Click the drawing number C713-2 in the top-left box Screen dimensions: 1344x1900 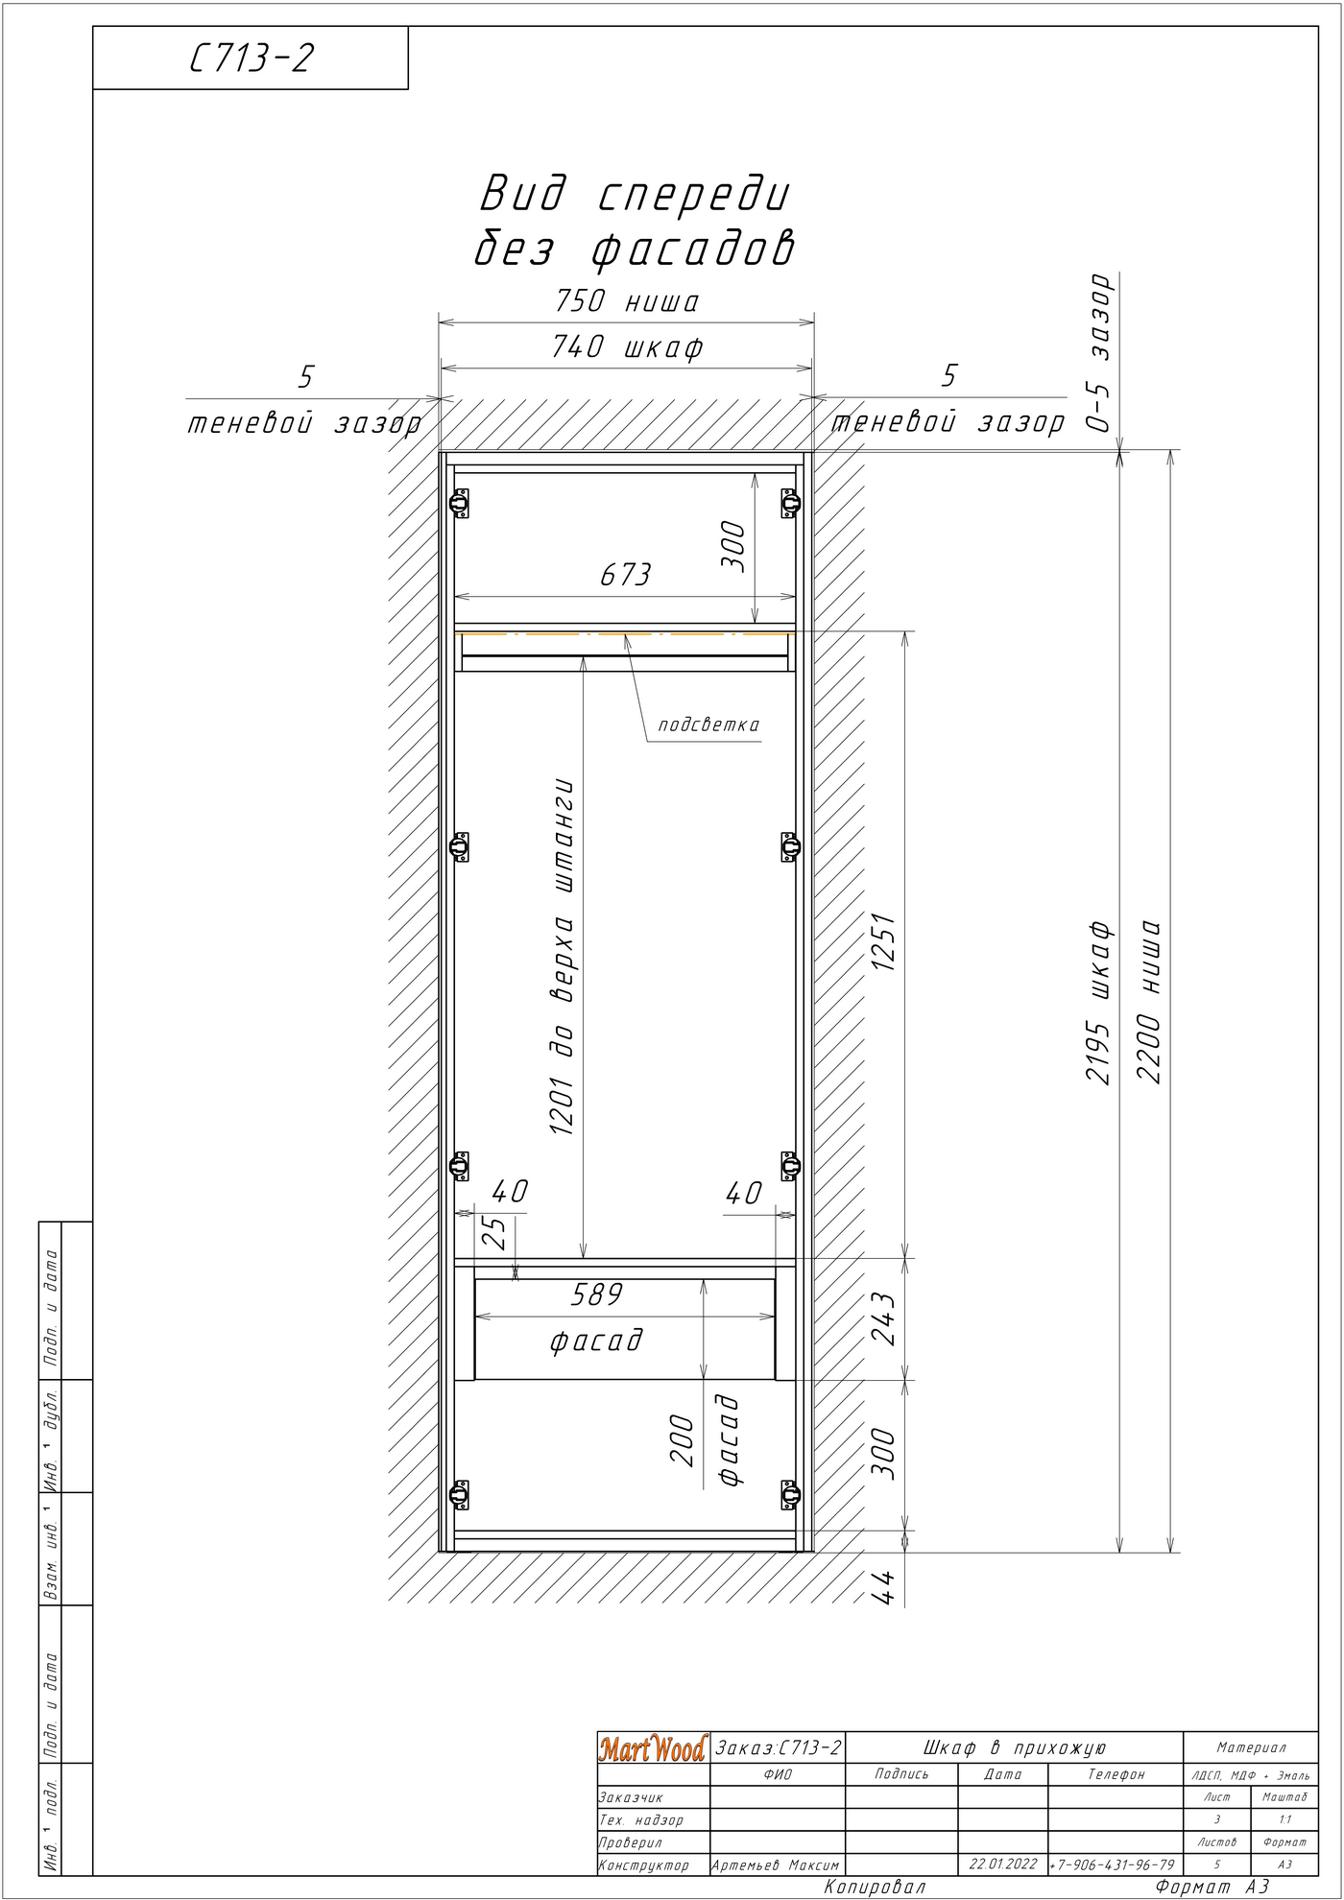tap(252, 59)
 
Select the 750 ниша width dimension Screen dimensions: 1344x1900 tap(627, 301)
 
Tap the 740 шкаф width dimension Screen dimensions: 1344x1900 tap(627, 346)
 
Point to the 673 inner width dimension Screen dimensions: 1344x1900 tap(625, 575)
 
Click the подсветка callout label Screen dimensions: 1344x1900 tap(708, 724)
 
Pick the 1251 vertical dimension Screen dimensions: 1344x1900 tap(883, 941)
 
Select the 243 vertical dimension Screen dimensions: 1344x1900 tap(883, 1318)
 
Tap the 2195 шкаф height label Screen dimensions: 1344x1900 tap(1098, 1002)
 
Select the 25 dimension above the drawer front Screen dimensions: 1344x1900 tap(493, 1233)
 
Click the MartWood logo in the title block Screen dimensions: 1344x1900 tap(653, 1748)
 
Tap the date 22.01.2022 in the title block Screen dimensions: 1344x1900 tap(1003, 1864)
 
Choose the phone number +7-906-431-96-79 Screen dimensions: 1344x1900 tap(1114, 1864)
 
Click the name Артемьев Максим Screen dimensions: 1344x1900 tap(776, 1865)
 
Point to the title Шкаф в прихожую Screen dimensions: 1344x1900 tap(1015, 1748)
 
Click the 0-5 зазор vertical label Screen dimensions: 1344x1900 tap(1100, 353)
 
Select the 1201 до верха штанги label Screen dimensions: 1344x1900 tap(563, 957)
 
